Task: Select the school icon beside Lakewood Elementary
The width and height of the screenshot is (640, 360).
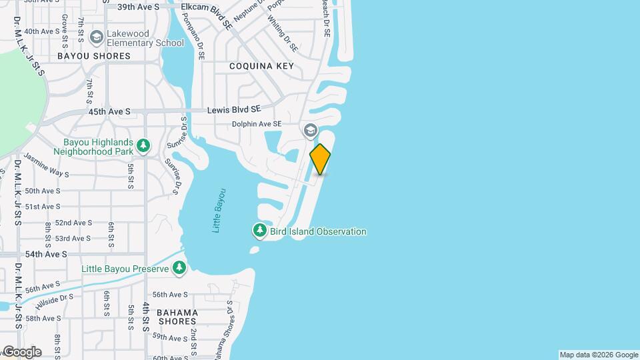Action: [x=97, y=37]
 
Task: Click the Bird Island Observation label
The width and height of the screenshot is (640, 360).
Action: [x=318, y=232]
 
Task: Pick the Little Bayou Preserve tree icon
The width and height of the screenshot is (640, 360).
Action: [x=179, y=268]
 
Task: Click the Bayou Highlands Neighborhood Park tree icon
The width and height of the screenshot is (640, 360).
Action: [x=143, y=145]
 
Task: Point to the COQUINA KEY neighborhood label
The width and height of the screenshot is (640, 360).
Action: [x=261, y=66]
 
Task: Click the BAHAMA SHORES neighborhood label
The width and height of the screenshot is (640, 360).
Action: [x=177, y=317]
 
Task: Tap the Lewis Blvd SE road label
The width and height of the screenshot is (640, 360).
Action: [x=233, y=109]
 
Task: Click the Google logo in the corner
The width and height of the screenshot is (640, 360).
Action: [x=21, y=352]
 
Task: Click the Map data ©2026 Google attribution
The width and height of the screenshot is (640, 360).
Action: [x=598, y=355]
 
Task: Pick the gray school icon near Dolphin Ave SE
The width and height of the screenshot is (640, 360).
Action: [x=310, y=130]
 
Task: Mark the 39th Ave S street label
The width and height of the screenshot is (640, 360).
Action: [x=138, y=7]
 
